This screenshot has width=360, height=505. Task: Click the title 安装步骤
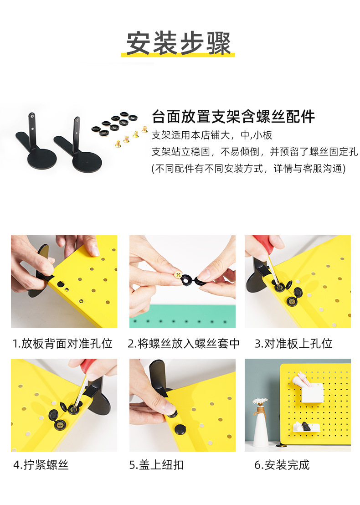tap(178, 43)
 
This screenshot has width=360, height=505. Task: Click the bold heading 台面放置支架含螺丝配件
tap(233, 117)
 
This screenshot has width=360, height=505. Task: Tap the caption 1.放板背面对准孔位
tap(62, 343)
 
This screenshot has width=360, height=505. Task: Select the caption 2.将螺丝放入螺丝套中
tap(184, 343)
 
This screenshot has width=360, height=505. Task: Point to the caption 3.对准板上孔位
tap(293, 343)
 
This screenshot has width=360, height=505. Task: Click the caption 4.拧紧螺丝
tap(41, 465)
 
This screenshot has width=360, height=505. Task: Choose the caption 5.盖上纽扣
tap(156, 465)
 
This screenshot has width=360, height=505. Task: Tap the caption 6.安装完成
tap(282, 465)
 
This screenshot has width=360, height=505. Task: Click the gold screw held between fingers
tap(178, 275)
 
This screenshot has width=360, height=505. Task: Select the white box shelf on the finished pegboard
tap(312, 392)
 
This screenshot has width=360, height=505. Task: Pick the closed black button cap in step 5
tap(180, 429)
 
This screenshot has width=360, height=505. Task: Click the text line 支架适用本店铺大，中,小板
tap(212, 135)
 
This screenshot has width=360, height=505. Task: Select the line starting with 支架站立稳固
tap(254, 152)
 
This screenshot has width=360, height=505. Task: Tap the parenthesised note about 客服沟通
tap(248, 169)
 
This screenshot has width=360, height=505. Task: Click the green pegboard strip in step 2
tap(183, 316)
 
